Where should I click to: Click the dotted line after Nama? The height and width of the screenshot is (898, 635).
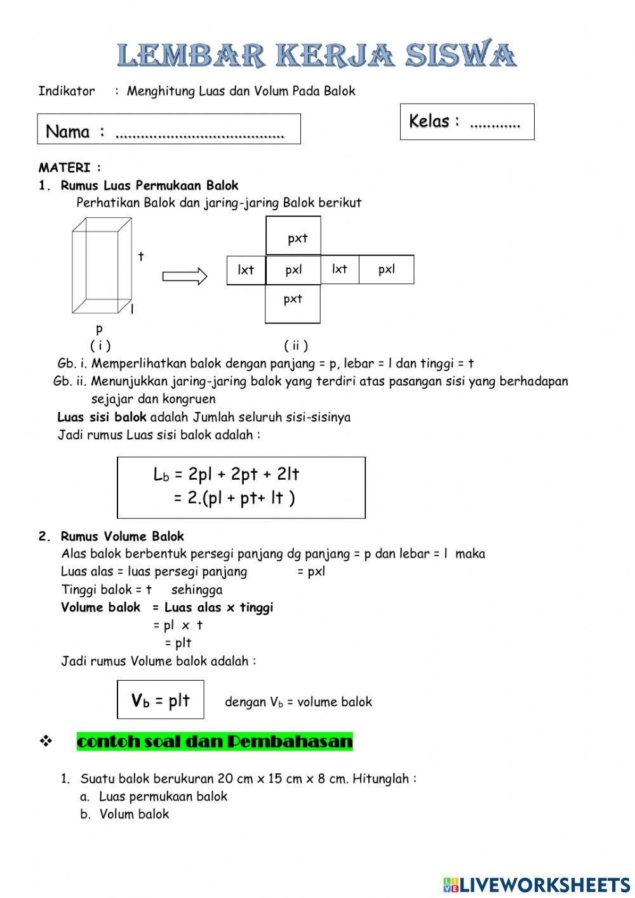pos(200,134)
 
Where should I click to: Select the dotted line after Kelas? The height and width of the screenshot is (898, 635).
pos(495,123)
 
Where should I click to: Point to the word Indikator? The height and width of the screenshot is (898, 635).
pos(66,91)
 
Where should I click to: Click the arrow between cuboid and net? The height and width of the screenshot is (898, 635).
pos(185,276)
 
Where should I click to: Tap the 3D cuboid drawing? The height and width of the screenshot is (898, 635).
pos(102,266)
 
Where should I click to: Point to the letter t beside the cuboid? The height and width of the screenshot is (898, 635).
pos(141,256)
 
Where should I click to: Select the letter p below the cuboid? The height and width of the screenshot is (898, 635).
pos(99,329)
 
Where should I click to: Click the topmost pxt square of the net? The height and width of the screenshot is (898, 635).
pos(293,236)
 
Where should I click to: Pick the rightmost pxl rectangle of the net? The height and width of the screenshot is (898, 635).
pos(387,269)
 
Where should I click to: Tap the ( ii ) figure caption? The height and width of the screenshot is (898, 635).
pos(296,346)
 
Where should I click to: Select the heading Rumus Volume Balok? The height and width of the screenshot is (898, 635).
pos(122,536)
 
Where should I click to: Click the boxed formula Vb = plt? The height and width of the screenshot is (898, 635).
pos(161,700)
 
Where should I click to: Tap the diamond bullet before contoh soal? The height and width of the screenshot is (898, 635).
pos(46,741)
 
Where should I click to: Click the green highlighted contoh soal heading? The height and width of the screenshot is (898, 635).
pos(215,742)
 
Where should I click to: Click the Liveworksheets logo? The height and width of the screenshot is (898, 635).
pos(537,884)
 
